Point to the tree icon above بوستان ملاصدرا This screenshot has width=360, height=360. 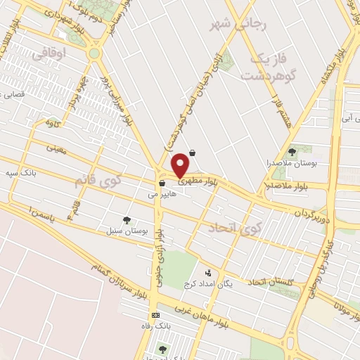click(x=292, y=151)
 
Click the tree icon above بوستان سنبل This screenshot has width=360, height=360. click(x=127, y=220)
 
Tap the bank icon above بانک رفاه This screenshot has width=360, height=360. click(x=155, y=314)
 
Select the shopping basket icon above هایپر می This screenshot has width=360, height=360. click(x=162, y=184)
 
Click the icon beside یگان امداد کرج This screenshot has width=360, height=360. click(x=207, y=272)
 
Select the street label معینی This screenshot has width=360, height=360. click(x=56, y=148)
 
